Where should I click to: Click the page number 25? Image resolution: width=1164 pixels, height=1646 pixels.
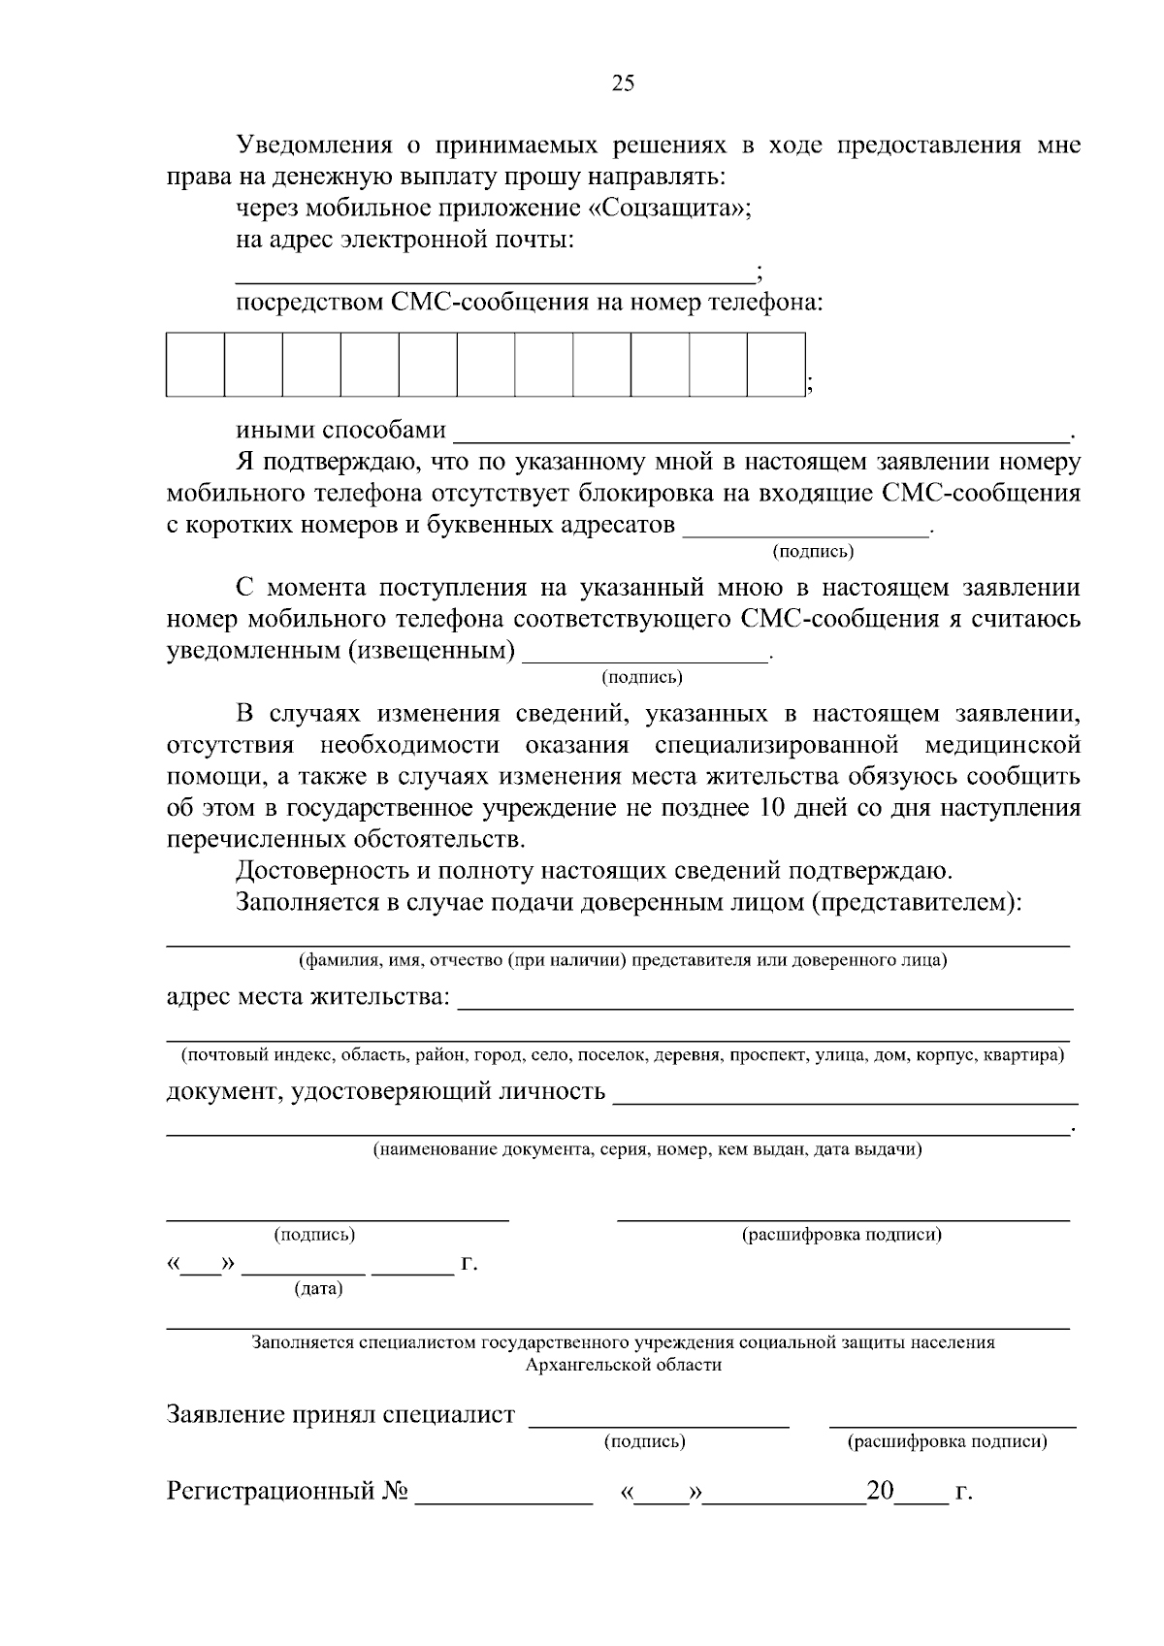(623, 83)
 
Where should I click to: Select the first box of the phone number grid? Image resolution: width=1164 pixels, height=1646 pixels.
(196, 365)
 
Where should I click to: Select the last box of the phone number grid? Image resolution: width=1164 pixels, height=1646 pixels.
(776, 365)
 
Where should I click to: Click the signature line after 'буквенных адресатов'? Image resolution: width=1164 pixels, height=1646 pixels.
(807, 531)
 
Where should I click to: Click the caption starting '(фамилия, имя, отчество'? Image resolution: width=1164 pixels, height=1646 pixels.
(622, 961)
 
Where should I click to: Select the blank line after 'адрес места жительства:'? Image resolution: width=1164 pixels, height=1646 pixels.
(764, 1006)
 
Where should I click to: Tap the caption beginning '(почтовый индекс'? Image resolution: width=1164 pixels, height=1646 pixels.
(623, 1055)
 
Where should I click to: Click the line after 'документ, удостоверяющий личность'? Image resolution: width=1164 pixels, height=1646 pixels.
(846, 1101)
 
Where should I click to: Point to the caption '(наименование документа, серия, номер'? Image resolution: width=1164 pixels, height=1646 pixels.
(648, 1150)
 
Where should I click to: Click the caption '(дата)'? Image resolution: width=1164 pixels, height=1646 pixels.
(318, 1289)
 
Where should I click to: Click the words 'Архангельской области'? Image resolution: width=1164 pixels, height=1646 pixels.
(623, 1365)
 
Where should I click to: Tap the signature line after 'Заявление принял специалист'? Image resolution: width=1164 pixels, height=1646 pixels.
(659, 1423)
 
